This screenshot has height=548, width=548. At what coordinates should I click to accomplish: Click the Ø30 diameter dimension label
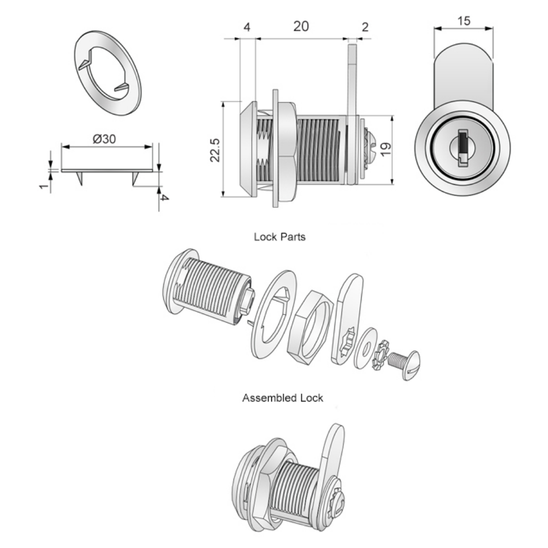(x=104, y=139)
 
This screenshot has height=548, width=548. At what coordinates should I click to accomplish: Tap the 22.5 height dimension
(x=215, y=150)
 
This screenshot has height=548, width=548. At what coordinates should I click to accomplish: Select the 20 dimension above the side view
(x=301, y=26)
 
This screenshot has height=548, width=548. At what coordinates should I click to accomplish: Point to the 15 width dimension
(x=464, y=21)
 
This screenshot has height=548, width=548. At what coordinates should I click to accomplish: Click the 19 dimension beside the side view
(x=386, y=149)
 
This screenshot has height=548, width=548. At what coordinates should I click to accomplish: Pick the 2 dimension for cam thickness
(x=365, y=27)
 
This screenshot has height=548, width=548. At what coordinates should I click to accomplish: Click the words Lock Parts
(x=279, y=237)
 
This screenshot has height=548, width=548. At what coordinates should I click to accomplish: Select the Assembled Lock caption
(x=282, y=398)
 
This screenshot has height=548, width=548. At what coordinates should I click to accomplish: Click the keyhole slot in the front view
(x=463, y=147)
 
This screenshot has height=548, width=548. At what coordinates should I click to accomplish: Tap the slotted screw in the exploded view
(x=406, y=364)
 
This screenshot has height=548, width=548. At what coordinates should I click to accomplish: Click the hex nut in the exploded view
(x=308, y=327)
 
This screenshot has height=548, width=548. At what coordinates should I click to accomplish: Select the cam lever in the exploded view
(x=347, y=319)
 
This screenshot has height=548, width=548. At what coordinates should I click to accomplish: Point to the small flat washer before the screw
(x=365, y=348)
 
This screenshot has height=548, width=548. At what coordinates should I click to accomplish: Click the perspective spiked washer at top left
(x=108, y=73)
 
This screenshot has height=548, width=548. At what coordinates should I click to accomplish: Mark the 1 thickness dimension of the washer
(x=44, y=186)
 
